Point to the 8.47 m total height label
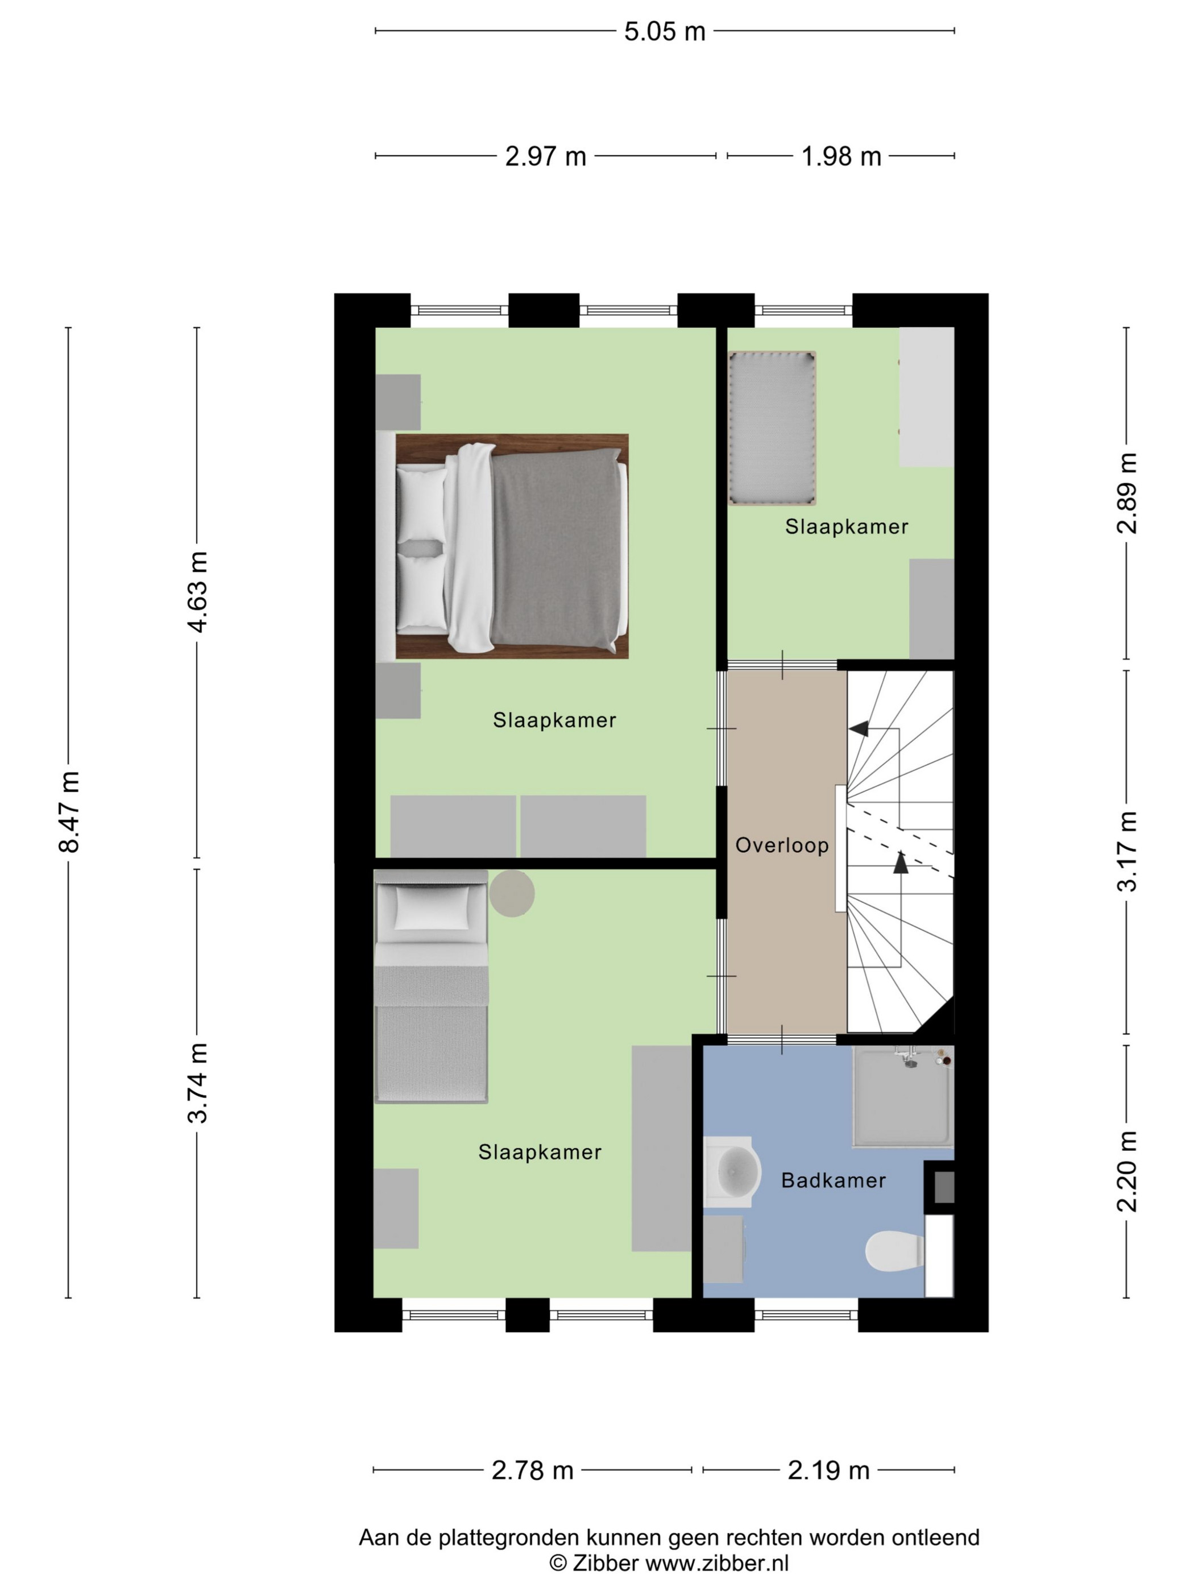coord(69,811)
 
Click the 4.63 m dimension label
coord(197,592)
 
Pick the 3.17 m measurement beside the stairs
coord(1126,851)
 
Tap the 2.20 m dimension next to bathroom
coord(1126,1171)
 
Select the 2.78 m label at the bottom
coord(533,1470)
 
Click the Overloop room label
coord(782,845)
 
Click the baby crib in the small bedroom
coord(772,428)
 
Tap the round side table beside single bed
coord(512,893)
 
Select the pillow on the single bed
coord(431,906)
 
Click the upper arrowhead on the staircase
coord(858,729)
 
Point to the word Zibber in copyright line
coord(606,1563)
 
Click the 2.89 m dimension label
coord(1126,494)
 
